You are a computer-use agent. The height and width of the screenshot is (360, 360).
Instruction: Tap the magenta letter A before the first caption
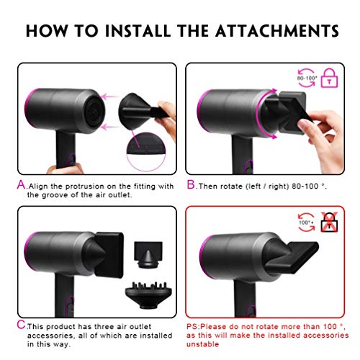tap(21, 185)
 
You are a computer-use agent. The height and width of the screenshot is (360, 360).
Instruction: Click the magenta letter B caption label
tap(192, 185)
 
